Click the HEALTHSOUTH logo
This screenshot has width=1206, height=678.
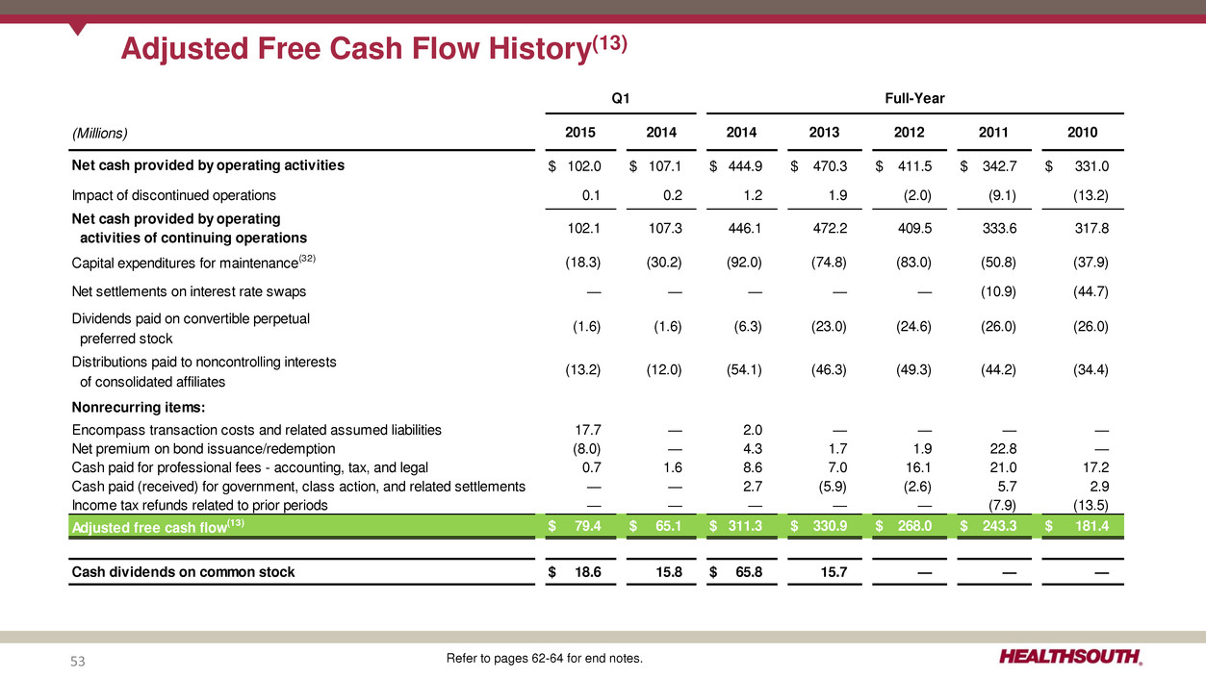[x=1071, y=658]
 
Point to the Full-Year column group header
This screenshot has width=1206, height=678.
[x=914, y=98]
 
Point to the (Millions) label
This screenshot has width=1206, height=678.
[x=100, y=133]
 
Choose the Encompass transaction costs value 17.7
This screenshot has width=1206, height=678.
[x=586, y=430]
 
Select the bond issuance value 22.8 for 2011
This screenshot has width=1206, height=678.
[x=1000, y=448]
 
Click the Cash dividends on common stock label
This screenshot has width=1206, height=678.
[x=184, y=572]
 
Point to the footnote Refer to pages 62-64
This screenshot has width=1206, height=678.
[x=544, y=659]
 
